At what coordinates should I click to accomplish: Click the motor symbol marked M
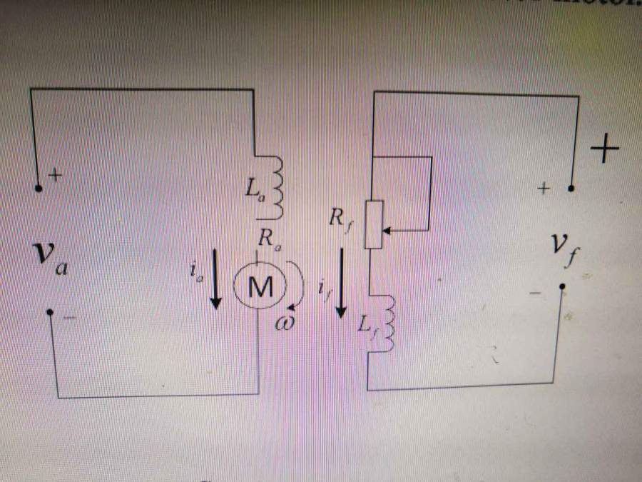click(x=260, y=287)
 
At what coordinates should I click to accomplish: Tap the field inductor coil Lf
click(x=386, y=325)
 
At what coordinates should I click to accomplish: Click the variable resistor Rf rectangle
click(x=374, y=224)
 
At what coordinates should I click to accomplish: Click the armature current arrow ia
click(x=215, y=283)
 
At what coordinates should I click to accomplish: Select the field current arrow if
click(x=342, y=283)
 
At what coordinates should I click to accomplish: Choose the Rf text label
click(x=338, y=217)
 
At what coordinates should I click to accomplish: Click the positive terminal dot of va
click(x=39, y=189)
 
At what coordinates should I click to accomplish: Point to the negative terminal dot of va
click(x=49, y=312)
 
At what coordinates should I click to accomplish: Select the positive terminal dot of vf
click(x=571, y=189)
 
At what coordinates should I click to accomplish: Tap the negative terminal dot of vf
click(x=562, y=287)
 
